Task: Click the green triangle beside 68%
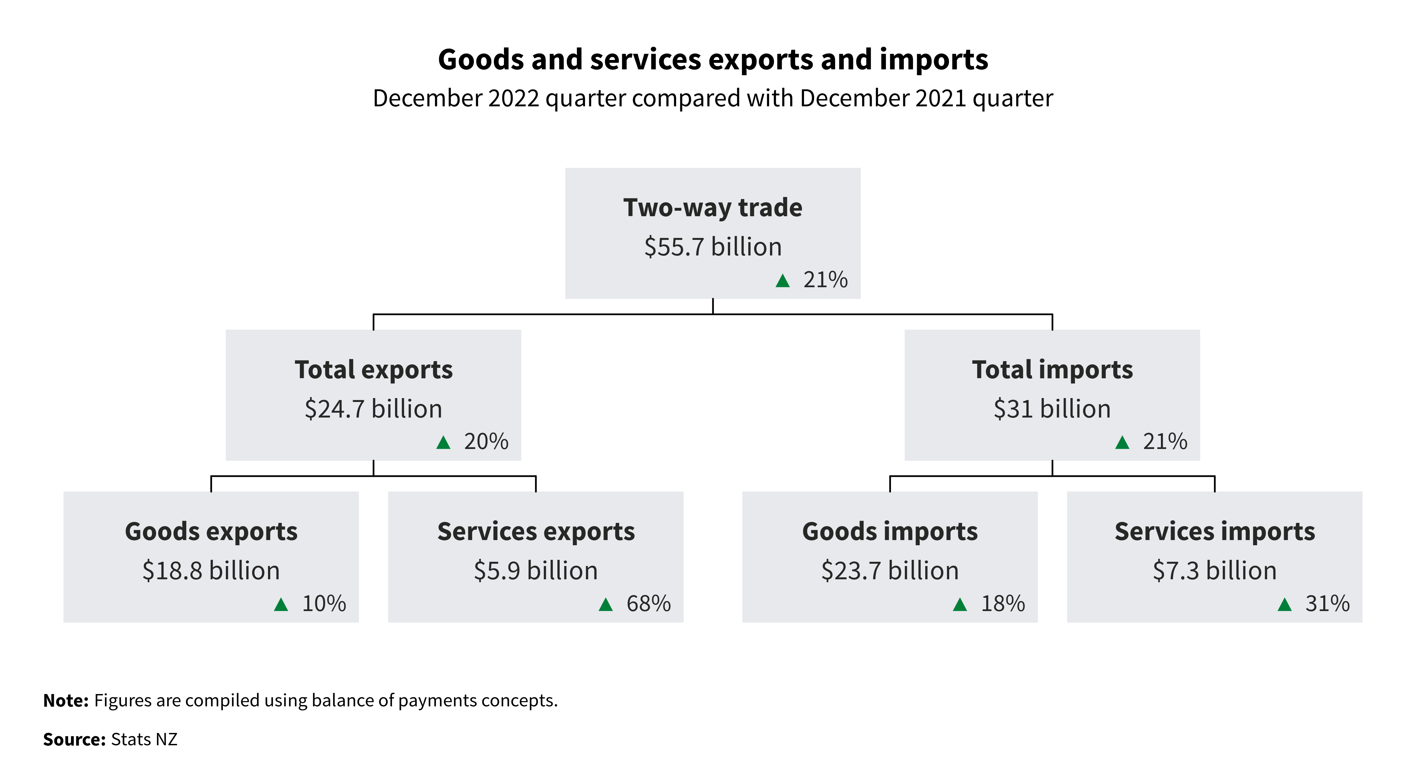(x=606, y=604)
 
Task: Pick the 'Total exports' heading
(x=374, y=370)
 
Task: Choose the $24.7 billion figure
(x=374, y=409)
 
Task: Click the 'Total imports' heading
(x=1052, y=370)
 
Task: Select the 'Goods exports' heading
(x=211, y=532)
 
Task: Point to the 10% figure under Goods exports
(x=324, y=604)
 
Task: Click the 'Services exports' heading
(x=536, y=532)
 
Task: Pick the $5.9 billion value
(x=536, y=571)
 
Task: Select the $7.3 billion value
(x=1215, y=571)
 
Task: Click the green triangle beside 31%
(x=1284, y=604)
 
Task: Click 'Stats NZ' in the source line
(x=144, y=740)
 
